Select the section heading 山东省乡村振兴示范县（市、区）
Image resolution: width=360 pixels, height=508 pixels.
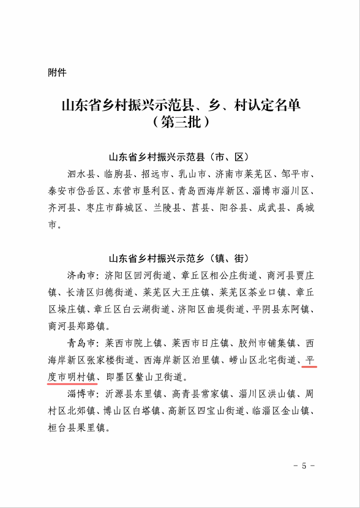coord(180,156)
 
